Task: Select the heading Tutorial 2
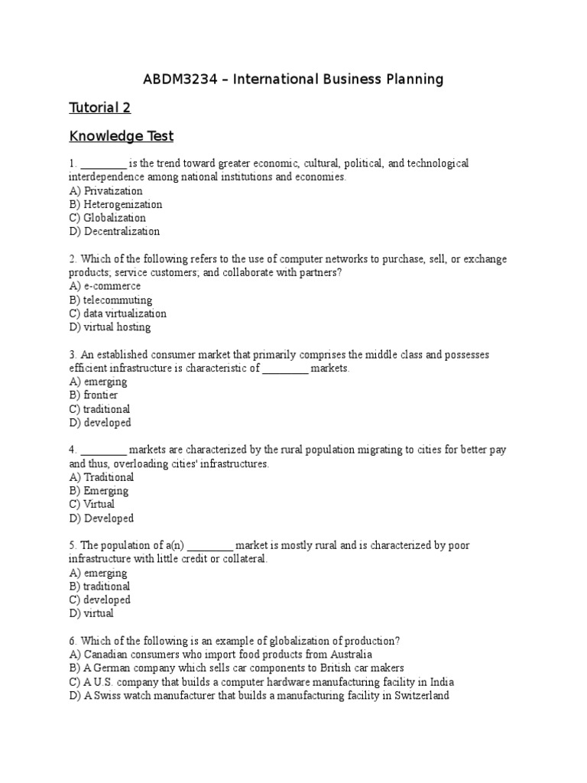99,108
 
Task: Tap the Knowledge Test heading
122,137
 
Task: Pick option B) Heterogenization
115,204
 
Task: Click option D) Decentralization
114,231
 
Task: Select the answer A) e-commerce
105,286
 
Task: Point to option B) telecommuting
110,300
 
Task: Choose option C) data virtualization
117,314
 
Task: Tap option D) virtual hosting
109,327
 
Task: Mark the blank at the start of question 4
103,450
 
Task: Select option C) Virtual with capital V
92,505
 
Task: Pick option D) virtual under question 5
91,613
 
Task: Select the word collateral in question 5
242,559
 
